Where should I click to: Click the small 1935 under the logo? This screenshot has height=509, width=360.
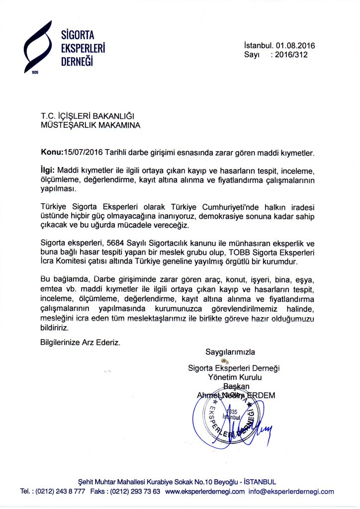point(34,73)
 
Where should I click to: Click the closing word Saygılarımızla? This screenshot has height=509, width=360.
point(230,352)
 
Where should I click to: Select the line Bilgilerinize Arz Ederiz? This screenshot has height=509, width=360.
point(80,342)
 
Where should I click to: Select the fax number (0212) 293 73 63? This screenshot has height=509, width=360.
point(138,492)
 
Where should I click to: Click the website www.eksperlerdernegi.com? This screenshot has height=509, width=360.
point(205,492)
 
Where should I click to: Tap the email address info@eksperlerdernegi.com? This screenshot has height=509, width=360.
point(291,492)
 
